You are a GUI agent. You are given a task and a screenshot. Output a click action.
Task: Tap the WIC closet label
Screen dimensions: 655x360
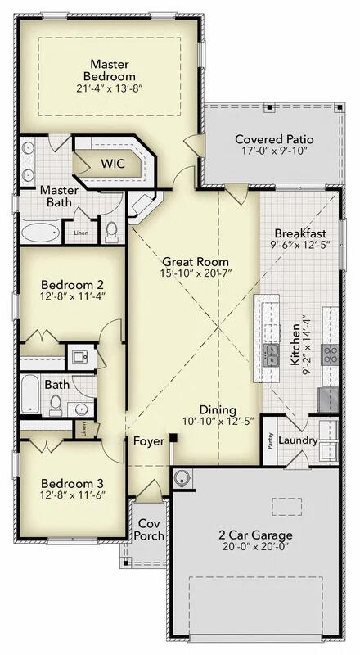tap(113, 163)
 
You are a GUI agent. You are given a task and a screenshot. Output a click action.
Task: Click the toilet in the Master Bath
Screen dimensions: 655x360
tap(112, 231)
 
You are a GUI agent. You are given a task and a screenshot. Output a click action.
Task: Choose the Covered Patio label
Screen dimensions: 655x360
tap(274, 139)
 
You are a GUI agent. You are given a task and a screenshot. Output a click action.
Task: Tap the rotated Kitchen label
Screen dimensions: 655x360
tap(295, 344)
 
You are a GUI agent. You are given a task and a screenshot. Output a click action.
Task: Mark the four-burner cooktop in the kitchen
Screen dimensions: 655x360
tap(331, 354)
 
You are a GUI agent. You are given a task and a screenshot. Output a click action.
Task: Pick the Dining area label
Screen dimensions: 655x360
tap(217, 410)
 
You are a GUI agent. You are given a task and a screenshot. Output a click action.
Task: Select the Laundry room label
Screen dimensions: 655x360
tap(297, 440)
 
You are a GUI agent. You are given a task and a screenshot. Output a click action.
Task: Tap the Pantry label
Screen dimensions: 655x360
tap(271, 441)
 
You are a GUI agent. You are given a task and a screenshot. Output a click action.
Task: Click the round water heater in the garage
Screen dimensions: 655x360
tap(182, 477)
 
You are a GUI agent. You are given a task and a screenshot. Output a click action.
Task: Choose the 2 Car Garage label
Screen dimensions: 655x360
tap(255, 535)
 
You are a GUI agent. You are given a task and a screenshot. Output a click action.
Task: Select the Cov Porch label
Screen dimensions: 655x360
tap(149, 530)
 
